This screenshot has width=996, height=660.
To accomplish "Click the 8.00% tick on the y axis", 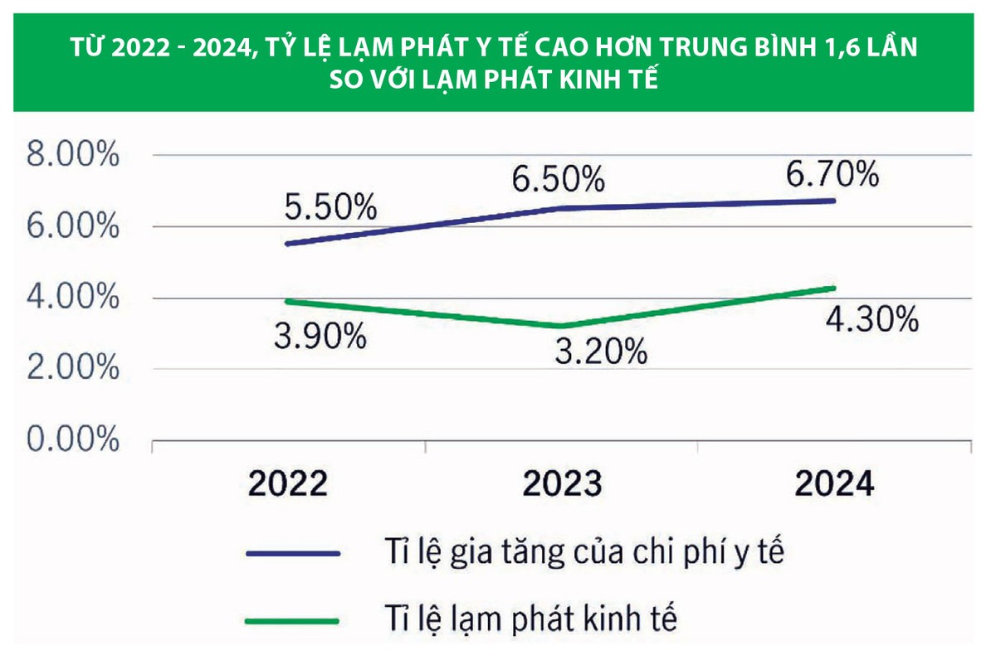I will [x=73, y=156].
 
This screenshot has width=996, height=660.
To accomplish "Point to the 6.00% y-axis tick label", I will [x=73, y=227].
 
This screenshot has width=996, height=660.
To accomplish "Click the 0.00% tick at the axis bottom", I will [x=73, y=440].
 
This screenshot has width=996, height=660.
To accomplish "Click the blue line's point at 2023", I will [x=562, y=208].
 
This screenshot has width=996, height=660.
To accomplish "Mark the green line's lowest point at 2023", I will [x=562, y=326].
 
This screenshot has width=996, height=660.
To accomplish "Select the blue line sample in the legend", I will [x=293, y=553].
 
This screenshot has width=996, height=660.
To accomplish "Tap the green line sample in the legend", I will [x=293, y=620].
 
